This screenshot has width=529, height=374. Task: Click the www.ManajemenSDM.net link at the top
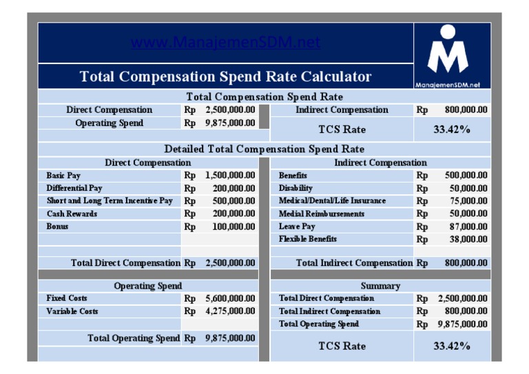(x=225, y=43)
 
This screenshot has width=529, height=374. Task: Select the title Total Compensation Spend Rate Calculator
(x=225, y=76)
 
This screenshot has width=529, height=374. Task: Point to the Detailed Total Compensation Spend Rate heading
(x=264, y=149)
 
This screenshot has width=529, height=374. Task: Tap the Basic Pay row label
(x=63, y=176)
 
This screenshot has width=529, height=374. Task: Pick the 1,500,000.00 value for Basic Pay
(x=230, y=176)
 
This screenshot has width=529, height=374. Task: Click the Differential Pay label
(x=74, y=188)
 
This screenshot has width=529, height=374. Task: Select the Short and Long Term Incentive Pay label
(x=110, y=201)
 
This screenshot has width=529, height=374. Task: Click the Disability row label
(x=295, y=188)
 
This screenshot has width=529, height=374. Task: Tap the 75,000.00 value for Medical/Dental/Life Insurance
(x=468, y=201)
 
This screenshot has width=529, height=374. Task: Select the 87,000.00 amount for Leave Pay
(x=468, y=227)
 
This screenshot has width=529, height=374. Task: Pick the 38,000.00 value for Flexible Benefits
(x=468, y=239)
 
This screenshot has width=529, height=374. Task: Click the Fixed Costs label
(x=67, y=298)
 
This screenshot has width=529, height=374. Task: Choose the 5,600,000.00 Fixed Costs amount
(x=230, y=299)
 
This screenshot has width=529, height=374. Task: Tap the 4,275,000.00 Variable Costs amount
(x=230, y=311)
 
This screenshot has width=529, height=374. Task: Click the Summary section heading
(x=380, y=286)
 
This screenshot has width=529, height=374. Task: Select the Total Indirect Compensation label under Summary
(x=329, y=311)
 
